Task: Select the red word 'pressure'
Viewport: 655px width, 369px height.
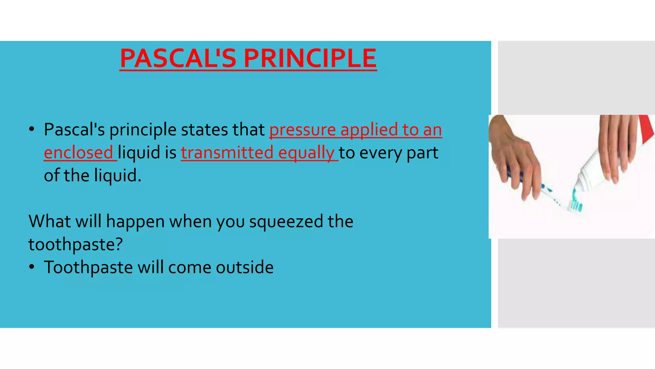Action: pyautogui.click(x=302, y=130)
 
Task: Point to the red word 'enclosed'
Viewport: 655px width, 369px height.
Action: pyautogui.click(x=78, y=152)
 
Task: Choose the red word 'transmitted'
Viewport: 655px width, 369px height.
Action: pyautogui.click(x=227, y=152)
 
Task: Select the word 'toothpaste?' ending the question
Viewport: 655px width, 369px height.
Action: pyautogui.click(x=75, y=245)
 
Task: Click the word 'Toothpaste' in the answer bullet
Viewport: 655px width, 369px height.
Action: pyautogui.click(x=88, y=267)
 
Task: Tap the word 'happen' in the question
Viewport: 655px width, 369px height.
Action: pyautogui.click(x=135, y=222)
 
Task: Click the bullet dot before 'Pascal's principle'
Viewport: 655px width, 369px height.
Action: pyautogui.click(x=31, y=130)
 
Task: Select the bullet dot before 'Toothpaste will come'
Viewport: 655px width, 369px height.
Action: pyautogui.click(x=31, y=267)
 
